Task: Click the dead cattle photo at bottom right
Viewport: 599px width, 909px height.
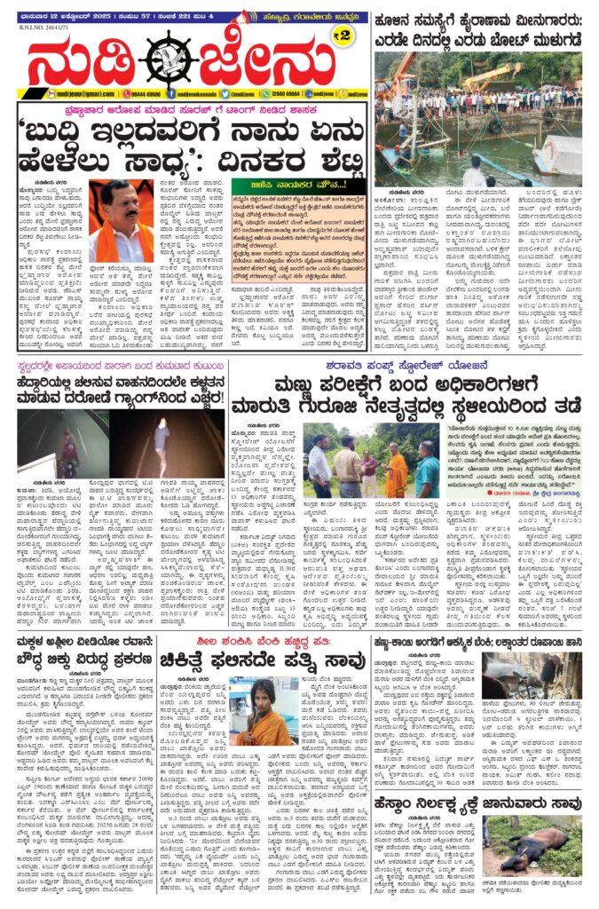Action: (532, 843)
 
